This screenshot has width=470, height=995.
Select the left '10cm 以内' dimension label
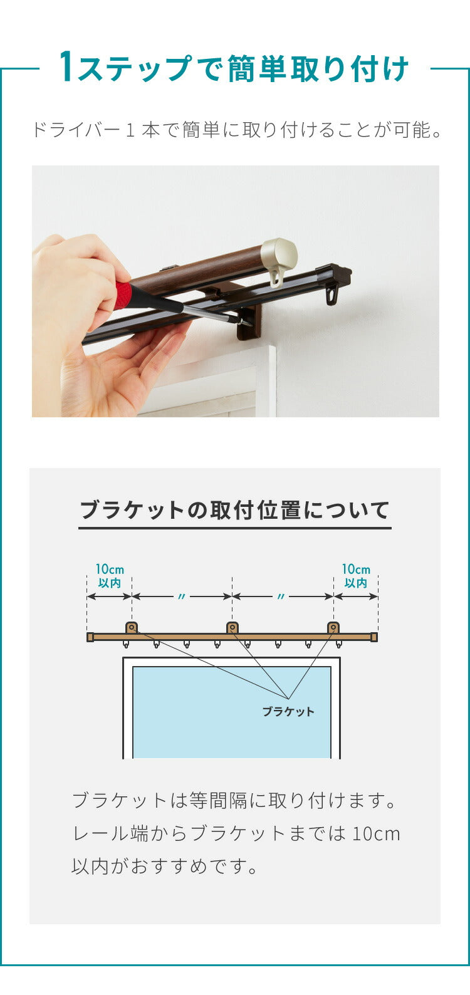tap(110, 576)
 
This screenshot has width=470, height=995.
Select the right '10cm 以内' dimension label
tap(356, 576)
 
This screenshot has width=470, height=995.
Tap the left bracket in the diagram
tap(132, 628)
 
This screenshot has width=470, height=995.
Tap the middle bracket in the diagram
tap(232, 628)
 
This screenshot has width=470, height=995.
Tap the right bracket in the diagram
tap(333, 628)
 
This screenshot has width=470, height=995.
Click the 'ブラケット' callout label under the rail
tap(288, 712)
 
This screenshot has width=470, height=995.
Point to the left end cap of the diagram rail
tap(90, 637)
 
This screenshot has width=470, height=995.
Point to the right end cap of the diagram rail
tap(374, 637)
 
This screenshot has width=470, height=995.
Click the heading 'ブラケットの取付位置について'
tap(234, 510)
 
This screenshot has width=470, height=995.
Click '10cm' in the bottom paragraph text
tap(376, 834)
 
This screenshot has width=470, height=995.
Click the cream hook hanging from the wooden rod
tap(276, 278)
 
